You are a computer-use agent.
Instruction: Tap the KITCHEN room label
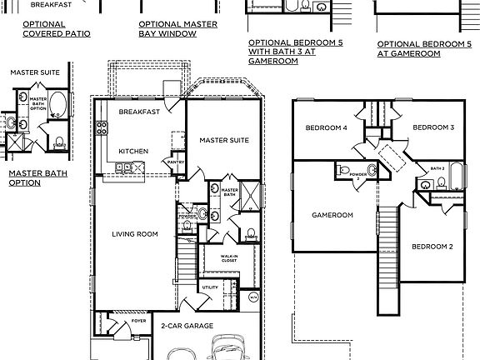coord(133,151)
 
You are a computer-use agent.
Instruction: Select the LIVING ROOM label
coord(135,234)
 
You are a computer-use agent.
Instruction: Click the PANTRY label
coord(176,162)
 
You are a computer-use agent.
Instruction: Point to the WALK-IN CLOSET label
coord(229,259)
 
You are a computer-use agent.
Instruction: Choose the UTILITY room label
coord(209,287)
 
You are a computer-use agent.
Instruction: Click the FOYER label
coord(138,319)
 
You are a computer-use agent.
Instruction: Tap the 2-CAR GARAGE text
coord(187,326)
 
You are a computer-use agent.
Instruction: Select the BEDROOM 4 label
coord(326,127)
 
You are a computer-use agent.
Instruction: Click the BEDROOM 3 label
coord(433,127)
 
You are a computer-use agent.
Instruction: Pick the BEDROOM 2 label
coord(432,247)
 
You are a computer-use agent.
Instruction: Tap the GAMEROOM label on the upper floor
coord(332,215)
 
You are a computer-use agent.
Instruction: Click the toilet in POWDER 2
coord(343,171)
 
